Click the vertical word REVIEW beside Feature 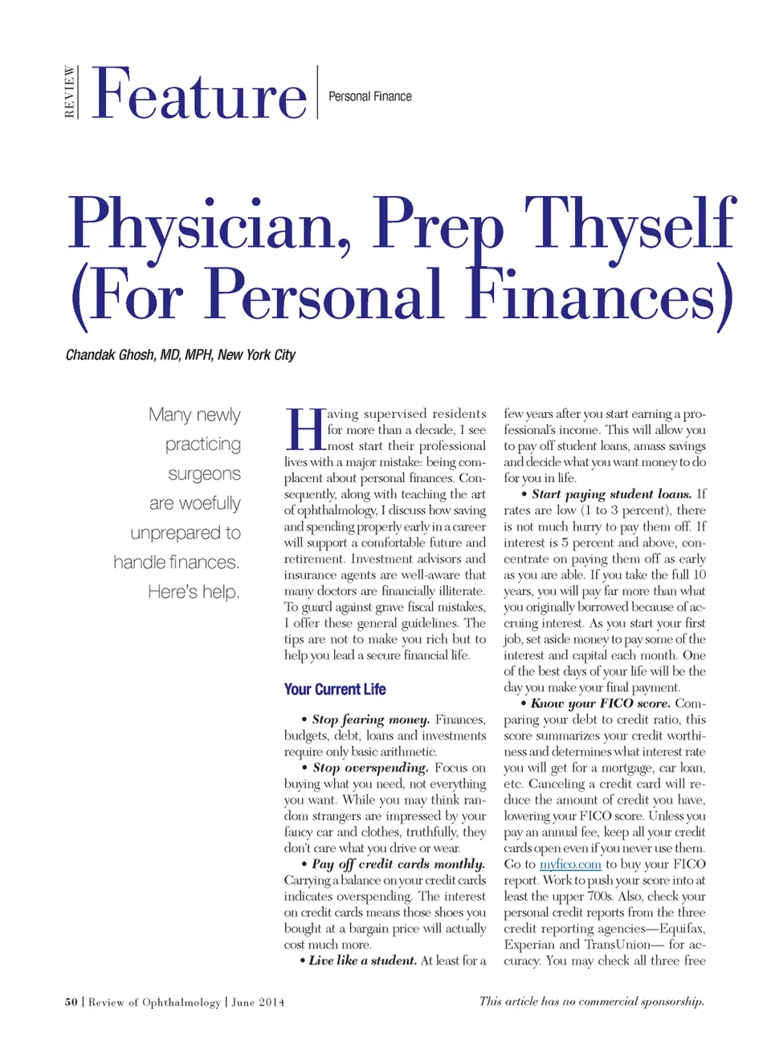tap(70, 92)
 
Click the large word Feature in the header tap(199, 95)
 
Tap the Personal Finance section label tap(369, 96)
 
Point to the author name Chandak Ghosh tap(111, 355)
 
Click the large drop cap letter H tap(304, 430)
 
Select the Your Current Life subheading tap(335, 689)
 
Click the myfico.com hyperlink tap(570, 864)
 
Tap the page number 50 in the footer tap(71, 1002)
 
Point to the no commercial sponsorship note tap(591, 1001)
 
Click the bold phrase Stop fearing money tap(371, 719)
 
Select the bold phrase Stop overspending tap(370, 768)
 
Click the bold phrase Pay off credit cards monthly tap(398, 864)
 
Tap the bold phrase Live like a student tap(363, 961)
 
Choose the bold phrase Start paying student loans tap(611, 494)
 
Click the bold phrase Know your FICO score tap(600, 703)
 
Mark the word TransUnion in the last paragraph tap(618, 945)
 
